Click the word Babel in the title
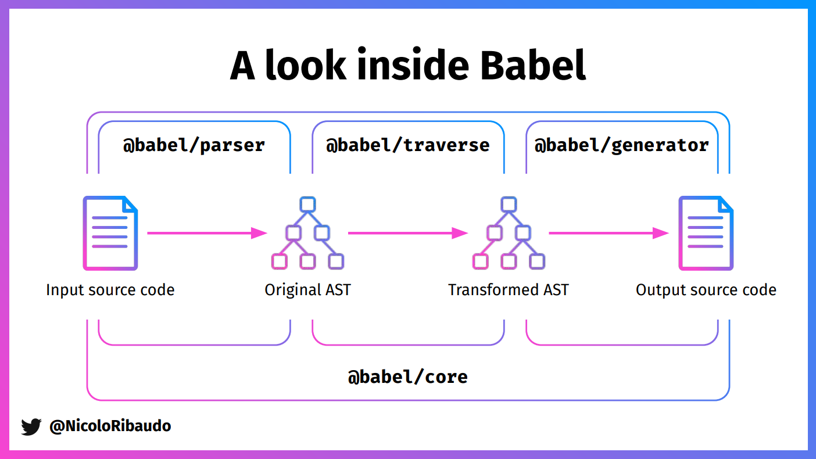[x=533, y=65]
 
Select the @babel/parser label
[x=194, y=145]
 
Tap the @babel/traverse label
[x=408, y=145]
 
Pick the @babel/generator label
[x=621, y=145]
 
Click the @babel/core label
[x=408, y=377]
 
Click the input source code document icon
[x=110, y=233]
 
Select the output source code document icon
[x=706, y=233]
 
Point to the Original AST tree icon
[x=307, y=233]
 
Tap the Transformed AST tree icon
[x=509, y=233]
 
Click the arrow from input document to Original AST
[x=206, y=233]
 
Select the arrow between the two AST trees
[x=407, y=233]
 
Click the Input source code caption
[x=110, y=289]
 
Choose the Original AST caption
[x=307, y=289]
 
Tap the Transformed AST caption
[x=509, y=289]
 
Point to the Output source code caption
[x=706, y=289]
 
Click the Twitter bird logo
[x=31, y=426]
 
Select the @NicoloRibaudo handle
[x=110, y=426]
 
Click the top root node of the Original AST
[x=307, y=205]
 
